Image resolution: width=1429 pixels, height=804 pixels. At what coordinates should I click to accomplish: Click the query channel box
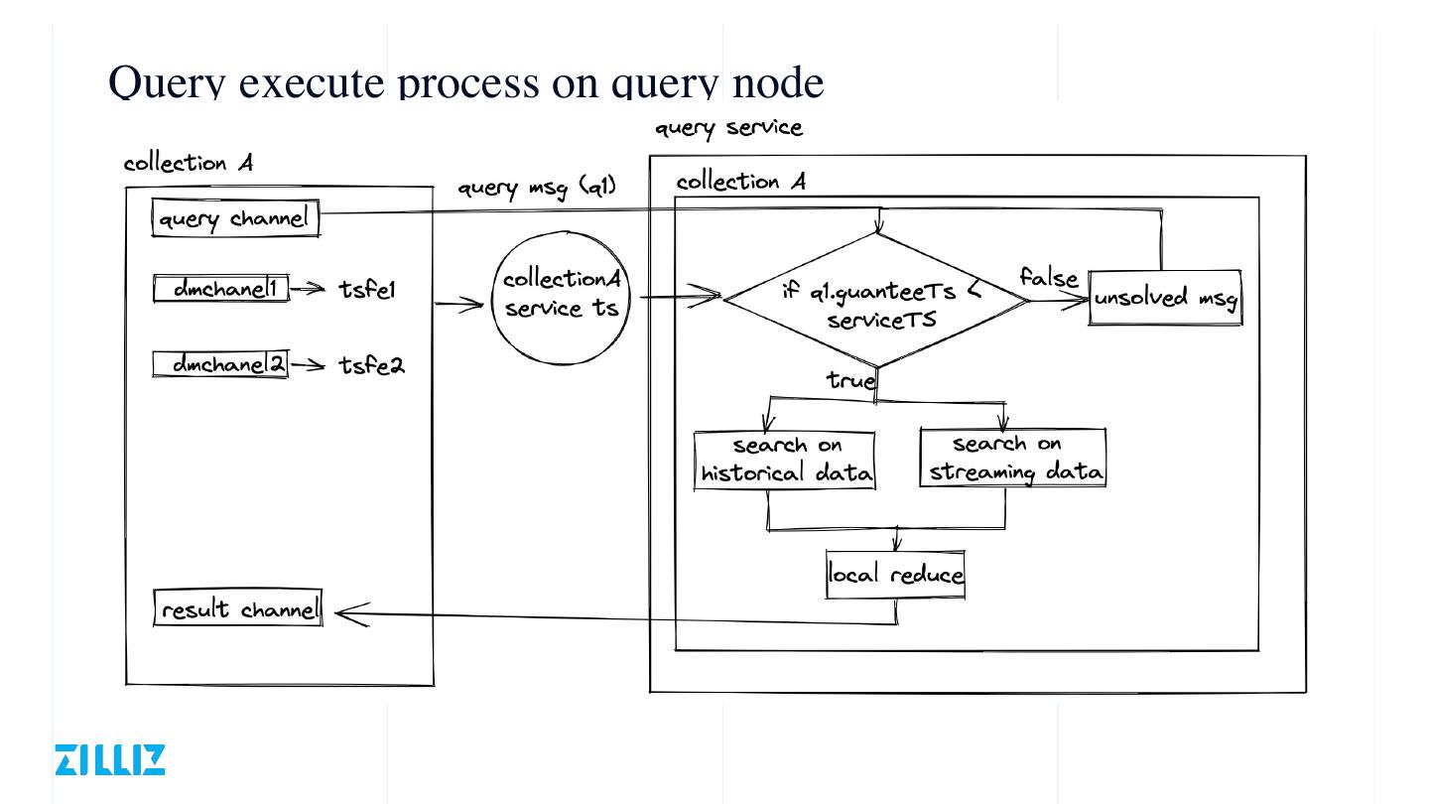tap(235, 218)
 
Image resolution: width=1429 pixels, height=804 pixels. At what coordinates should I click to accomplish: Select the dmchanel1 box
tap(221, 289)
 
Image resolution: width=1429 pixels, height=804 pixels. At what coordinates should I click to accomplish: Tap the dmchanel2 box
tap(220, 364)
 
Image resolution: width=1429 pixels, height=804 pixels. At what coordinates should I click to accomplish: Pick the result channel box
tap(239, 607)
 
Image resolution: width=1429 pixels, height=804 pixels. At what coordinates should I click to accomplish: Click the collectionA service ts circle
tap(562, 295)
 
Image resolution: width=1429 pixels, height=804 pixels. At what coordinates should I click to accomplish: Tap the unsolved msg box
tap(1166, 297)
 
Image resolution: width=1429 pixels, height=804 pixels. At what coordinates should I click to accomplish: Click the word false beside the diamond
tap(1048, 277)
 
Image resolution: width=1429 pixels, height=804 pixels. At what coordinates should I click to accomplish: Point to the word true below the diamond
tap(850, 379)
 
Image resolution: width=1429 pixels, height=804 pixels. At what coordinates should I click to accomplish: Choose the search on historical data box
tap(785, 460)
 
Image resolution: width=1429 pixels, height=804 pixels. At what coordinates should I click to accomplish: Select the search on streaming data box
tap(1013, 458)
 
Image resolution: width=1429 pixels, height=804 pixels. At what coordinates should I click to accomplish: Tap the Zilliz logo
tap(109, 759)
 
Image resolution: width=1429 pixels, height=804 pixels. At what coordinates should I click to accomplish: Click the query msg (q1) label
tap(537, 186)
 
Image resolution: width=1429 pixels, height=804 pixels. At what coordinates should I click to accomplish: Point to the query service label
tap(728, 128)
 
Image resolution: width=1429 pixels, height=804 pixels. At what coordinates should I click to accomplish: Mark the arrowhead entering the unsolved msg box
tap(1080, 300)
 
